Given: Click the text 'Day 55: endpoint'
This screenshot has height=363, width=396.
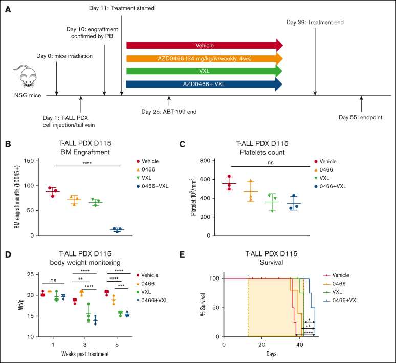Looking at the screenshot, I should pos(361,118).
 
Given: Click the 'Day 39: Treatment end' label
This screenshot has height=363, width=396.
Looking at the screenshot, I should pos(315,23).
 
